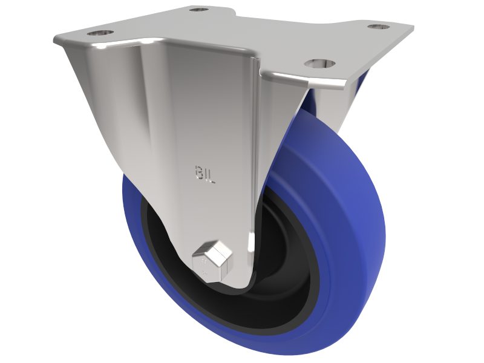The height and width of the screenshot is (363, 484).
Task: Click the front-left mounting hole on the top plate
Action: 97,32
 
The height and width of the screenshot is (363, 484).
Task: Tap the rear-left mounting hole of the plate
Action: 198,10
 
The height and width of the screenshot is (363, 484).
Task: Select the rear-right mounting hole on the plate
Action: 379,27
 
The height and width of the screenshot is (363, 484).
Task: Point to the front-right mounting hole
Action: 319,63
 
